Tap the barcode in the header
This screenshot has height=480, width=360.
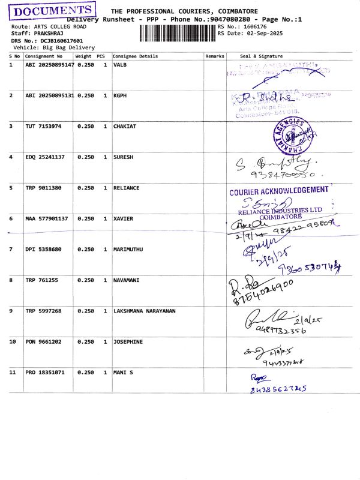click(178, 33)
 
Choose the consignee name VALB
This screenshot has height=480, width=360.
click(120, 64)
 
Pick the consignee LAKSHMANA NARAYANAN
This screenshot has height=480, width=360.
click(145, 311)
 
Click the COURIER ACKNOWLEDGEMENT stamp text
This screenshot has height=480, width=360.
click(279, 191)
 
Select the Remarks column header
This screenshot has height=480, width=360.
click(214, 56)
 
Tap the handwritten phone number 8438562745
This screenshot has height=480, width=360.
click(279, 389)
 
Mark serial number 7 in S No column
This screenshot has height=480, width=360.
click(11, 249)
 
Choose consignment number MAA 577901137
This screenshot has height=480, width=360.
click(47, 218)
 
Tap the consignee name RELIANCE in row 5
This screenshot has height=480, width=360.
click(126, 188)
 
